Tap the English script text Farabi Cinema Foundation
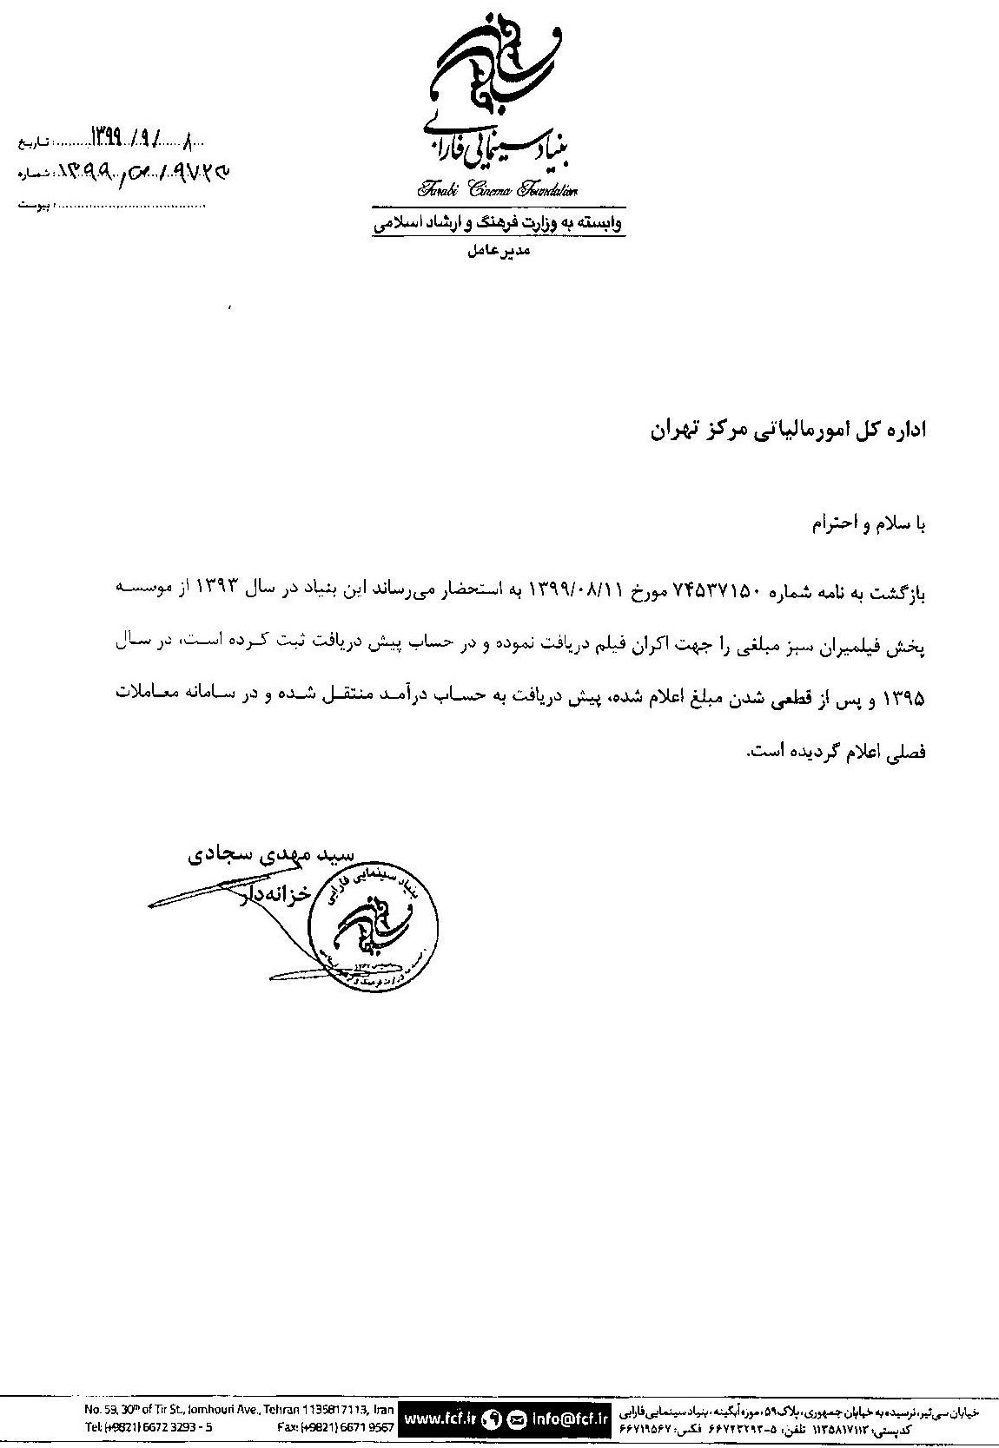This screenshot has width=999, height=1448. pyautogui.click(x=498, y=190)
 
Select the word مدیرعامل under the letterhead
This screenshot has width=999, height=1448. pyautogui.click(x=499, y=252)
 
